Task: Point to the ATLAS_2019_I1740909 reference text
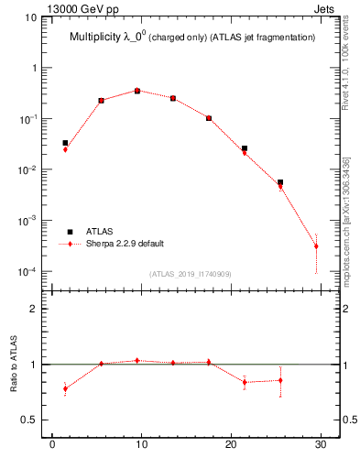tap(191, 274)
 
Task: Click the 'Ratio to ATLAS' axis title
tap(14, 366)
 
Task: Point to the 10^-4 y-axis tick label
tap(28, 272)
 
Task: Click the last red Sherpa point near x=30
tap(316, 246)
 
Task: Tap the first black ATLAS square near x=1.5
tap(65, 143)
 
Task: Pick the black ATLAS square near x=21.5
tap(245, 148)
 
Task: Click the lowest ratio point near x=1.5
tap(65, 388)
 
